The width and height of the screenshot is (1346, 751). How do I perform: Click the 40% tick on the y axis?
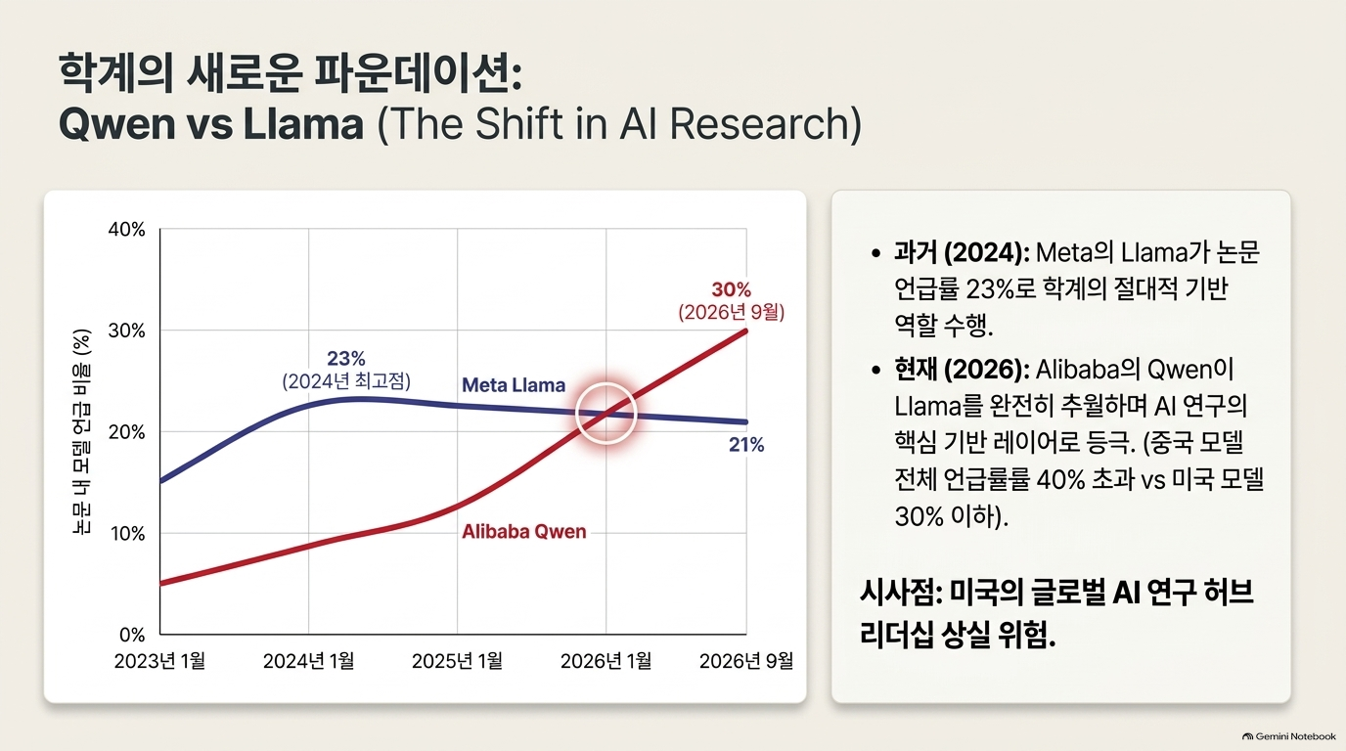pyautogui.click(x=127, y=230)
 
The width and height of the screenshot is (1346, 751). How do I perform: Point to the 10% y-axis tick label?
pyautogui.click(x=127, y=534)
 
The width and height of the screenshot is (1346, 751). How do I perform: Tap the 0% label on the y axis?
pyautogui.click(x=132, y=635)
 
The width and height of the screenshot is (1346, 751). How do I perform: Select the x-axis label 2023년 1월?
pyautogui.click(x=159, y=661)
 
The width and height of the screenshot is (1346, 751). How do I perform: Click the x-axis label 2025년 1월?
pyautogui.click(x=457, y=661)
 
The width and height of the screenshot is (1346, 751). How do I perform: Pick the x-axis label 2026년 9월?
pyautogui.click(x=746, y=661)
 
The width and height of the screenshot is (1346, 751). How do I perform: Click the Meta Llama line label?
pyautogui.click(x=514, y=385)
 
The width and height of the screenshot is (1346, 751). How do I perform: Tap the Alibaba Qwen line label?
pyautogui.click(x=524, y=532)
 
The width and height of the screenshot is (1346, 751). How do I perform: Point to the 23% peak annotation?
pyautogui.click(x=346, y=359)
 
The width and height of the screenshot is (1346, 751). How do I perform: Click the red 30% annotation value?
pyautogui.click(x=732, y=289)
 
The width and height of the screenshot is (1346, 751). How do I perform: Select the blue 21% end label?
pyautogui.click(x=746, y=445)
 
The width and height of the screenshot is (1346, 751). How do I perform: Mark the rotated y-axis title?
pyautogui.click(x=81, y=431)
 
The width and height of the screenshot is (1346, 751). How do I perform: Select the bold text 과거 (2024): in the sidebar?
pyautogui.click(x=962, y=252)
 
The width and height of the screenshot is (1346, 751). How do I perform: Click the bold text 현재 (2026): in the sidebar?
pyautogui.click(x=962, y=370)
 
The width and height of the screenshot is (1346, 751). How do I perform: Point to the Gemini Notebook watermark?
pyautogui.click(x=1289, y=736)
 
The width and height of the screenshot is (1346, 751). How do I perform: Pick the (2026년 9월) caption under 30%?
pyautogui.click(x=732, y=312)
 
